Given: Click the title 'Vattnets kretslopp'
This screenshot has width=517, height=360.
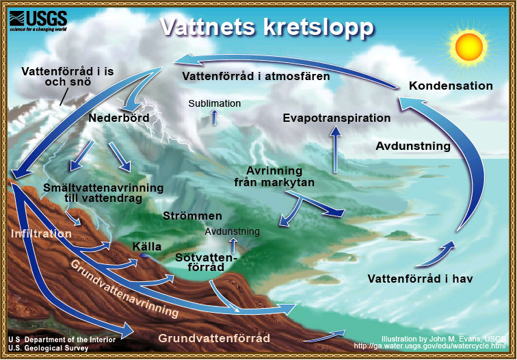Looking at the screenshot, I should click(267, 27).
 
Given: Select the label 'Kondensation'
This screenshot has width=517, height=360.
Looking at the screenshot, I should click(451, 86).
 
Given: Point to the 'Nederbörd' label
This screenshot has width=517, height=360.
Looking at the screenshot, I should click(118, 118).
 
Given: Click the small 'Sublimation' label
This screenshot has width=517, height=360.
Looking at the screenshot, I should click(215, 103).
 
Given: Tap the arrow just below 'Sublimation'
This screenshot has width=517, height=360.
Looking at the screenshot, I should click(215, 117).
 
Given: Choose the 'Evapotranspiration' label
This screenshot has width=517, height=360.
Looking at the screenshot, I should click(336, 118).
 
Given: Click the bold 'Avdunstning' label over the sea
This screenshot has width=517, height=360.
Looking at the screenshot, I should click(413, 146).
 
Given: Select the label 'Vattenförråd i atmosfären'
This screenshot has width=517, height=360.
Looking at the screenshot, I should click(256, 77).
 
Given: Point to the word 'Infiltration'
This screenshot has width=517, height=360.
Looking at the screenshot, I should click(41, 233).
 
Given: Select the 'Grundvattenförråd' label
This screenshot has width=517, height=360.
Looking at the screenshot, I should click(214, 338).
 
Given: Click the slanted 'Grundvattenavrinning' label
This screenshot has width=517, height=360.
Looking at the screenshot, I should click(123, 287).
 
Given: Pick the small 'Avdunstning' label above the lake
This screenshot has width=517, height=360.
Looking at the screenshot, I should click(232, 231).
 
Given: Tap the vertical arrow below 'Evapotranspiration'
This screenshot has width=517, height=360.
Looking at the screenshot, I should click(336, 152).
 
